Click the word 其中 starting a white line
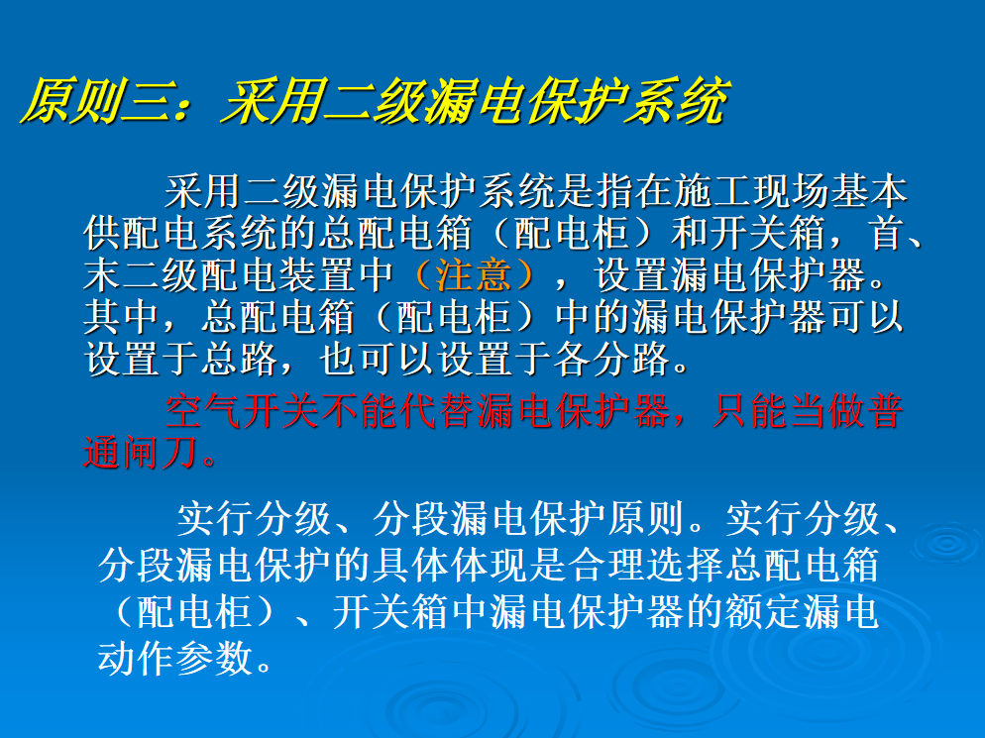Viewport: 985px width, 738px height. tap(121, 317)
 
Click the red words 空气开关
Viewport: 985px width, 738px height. tap(243, 411)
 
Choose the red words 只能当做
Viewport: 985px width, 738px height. tap(789, 411)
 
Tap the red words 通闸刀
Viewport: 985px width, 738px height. tap(142, 453)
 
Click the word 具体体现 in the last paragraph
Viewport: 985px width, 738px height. tap(450, 565)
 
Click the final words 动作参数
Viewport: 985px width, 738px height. tap(175, 658)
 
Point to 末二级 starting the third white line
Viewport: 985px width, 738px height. tap(142, 274)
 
